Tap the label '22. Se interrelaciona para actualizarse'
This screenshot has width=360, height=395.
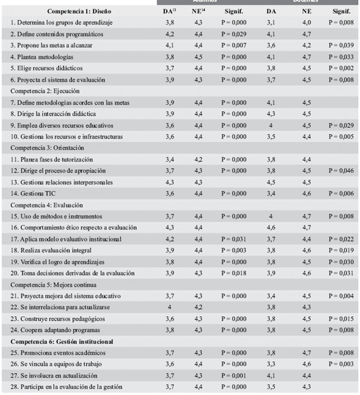tap(61, 306)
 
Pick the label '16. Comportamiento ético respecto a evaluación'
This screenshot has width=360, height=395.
tap(73, 227)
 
